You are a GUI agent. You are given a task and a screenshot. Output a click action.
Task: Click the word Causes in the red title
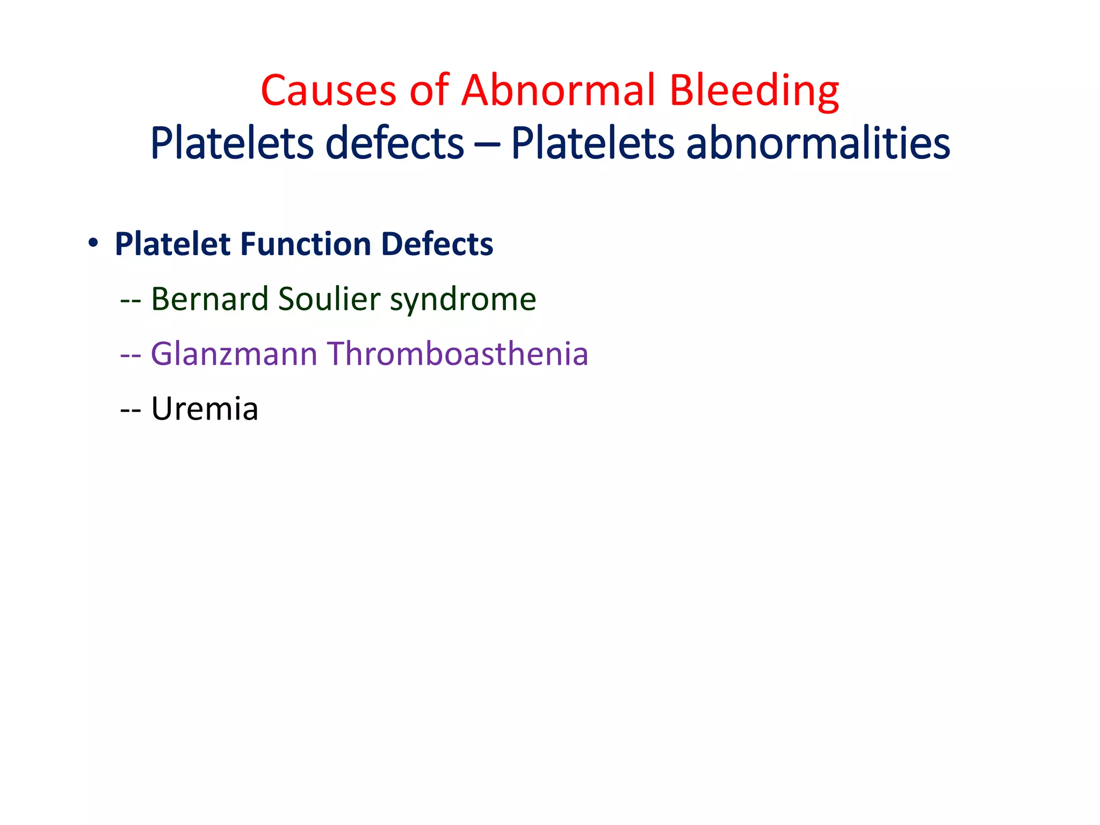(x=328, y=90)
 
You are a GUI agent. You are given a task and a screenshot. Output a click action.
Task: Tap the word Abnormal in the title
(x=559, y=90)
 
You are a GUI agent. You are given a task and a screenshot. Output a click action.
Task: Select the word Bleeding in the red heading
(x=754, y=90)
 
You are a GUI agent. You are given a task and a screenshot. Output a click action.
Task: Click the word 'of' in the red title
(x=429, y=90)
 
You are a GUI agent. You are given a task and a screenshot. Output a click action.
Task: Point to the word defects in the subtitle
(x=395, y=143)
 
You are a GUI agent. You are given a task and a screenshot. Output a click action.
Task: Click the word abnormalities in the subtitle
(x=818, y=143)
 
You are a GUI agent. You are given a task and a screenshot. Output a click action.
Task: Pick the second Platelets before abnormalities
(x=592, y=143)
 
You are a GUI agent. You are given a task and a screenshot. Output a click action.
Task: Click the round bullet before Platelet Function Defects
(x=93, y=243)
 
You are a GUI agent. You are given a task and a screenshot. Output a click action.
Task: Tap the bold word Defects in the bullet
(x=437, y=244)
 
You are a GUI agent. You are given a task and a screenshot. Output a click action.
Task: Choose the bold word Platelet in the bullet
(x=173, y=244)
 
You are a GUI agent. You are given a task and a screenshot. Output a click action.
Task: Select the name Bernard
(x=209, y=299)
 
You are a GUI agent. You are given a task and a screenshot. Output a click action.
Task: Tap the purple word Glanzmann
(x=234, y=354)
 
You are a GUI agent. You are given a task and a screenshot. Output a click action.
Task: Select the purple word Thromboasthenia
(x=458, y=354)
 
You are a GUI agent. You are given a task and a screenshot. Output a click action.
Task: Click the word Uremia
(x=205, y=409)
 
